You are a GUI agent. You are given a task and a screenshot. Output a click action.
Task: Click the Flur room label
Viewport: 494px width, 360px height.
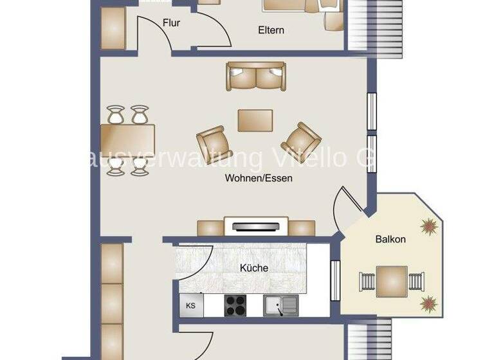(x=171, y=23)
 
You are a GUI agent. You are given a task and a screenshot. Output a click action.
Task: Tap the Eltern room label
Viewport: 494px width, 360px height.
(x=271, y=30)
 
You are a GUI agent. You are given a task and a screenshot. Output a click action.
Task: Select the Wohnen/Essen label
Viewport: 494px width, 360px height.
(x=259, y=178)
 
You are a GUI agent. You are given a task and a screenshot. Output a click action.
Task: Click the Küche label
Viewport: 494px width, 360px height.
(x=254, y=268)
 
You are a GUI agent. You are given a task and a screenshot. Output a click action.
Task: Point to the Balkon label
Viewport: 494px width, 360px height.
(x=390, y=239)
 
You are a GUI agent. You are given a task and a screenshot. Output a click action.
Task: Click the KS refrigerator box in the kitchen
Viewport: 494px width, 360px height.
(x=191, y=305)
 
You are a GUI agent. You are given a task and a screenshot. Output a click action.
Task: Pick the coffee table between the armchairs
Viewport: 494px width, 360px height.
(x=255, y=120)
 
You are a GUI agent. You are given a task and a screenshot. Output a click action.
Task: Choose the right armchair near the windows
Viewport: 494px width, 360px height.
(x=301, y=138)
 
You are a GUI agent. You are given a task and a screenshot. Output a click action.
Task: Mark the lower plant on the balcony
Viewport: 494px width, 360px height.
(x=427, y=303)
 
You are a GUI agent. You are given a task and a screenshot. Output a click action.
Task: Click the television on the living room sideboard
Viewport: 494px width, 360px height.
(x=255, y=226)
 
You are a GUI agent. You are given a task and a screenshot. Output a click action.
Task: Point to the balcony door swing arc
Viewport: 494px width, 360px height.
(x=342, y=204)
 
